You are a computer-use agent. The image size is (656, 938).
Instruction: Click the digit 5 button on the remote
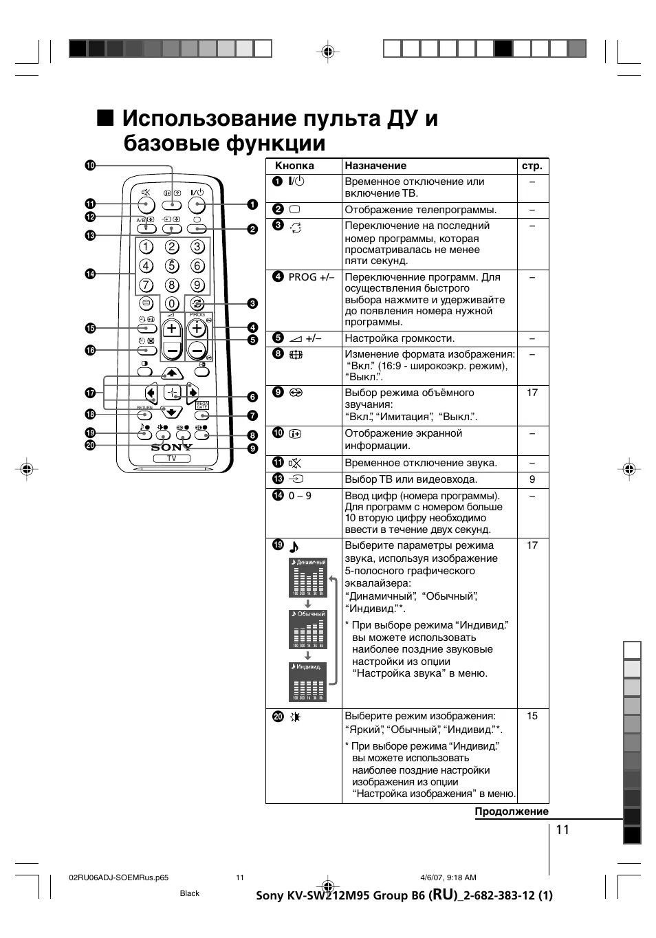click(x=171, y=266)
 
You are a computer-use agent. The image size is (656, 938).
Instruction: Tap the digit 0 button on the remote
click(x=171, y=303)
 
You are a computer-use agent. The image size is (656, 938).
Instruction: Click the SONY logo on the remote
click(x=171, y=447)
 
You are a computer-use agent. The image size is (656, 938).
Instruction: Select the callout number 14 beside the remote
click(x=90, y=274)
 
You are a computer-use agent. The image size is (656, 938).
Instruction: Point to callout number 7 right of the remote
click(x=252, y=415)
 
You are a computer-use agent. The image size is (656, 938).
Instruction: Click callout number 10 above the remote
click(x=90, y=165)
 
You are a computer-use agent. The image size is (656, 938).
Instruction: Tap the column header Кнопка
click(x=294, y=166)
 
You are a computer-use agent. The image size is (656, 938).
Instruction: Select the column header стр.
click(x=532, y=166)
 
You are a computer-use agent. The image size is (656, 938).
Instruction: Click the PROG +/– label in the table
click(x=311, y=277)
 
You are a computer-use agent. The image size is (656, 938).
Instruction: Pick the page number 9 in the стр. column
click(x=532, y=479)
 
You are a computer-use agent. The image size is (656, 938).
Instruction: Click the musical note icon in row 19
click(x=294, y=547)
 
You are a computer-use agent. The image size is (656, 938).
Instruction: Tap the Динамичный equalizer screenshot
click(x=307, y=577)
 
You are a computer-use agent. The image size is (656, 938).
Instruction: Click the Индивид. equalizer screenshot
click(x=307, y=682)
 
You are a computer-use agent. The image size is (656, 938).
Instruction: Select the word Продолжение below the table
click(x=512, y=811)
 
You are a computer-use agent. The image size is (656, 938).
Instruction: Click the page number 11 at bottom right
click(x=562, y=829)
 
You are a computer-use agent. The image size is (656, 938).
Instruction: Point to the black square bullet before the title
click(x=105, y=118)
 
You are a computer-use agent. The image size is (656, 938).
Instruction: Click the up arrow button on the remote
click(x=171, y=373)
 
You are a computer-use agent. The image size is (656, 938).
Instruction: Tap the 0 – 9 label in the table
click(x=300, y=496)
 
